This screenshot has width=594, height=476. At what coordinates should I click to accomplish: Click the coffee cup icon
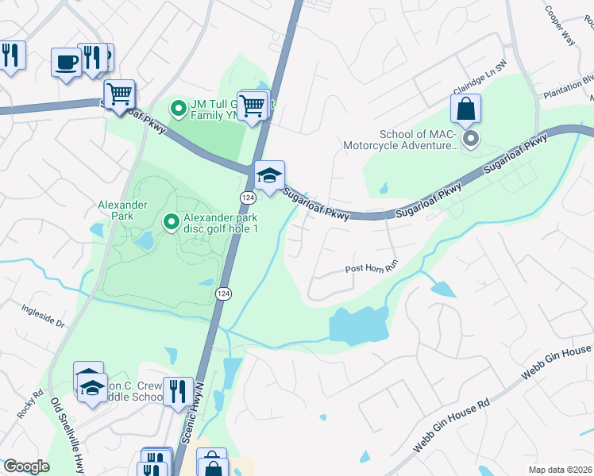click(66, 62)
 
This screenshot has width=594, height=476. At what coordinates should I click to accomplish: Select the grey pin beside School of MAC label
click(470, 140)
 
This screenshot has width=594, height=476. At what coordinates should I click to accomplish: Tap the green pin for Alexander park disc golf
click(170, 222)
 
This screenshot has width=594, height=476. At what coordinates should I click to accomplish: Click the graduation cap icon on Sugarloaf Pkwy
click(269, 175)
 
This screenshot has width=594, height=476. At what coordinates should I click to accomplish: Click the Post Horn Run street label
click(370, 268)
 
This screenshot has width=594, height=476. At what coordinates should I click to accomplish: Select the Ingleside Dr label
click(43, 317)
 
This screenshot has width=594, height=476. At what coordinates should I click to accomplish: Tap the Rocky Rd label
click(31, 403)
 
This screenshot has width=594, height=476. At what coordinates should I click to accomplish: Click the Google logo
click(26, 466)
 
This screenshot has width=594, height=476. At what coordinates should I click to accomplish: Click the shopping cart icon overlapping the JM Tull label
click(252, 104)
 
